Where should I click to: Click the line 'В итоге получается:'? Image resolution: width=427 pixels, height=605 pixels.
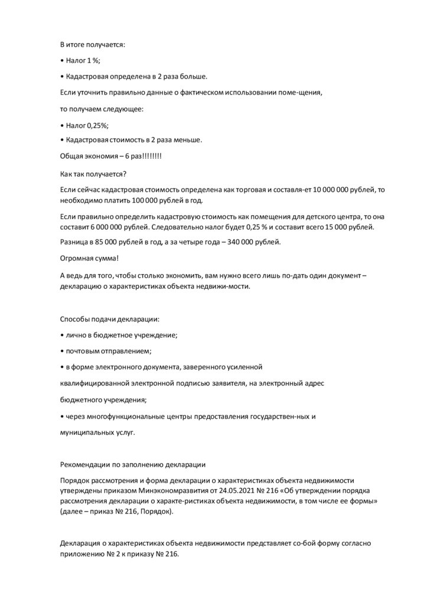tap(93, 44)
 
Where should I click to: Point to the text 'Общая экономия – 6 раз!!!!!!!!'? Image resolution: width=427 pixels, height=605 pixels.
tap(111, 156)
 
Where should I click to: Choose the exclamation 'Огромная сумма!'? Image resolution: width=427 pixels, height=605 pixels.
tap(89, 258)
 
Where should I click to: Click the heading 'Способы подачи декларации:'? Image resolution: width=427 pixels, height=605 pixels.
tap(110, 319)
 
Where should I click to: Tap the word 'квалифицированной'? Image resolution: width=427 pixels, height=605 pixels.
tap(93, 383)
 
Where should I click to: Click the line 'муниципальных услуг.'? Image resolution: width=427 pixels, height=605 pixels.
tap(97, 432)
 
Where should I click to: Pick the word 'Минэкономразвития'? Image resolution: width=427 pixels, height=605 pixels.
tap(181, 490)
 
